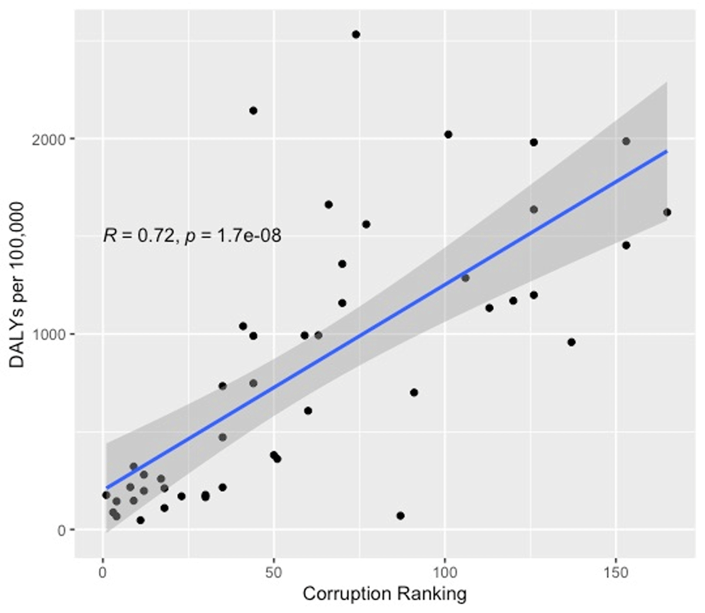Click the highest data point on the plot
(355, 35)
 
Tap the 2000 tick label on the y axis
(55, 139)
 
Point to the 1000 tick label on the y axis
(55, 334)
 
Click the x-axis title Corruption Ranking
(384, 594)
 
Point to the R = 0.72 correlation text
(139, 236)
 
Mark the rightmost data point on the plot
(667, 212)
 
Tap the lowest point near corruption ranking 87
(401, 515)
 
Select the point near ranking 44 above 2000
(253, 110)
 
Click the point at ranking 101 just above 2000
(448, 135)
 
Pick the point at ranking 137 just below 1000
(571, 342)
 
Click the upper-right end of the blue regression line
(666, 151)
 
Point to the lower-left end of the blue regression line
(106, 488)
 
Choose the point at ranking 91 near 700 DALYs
(414, 393)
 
